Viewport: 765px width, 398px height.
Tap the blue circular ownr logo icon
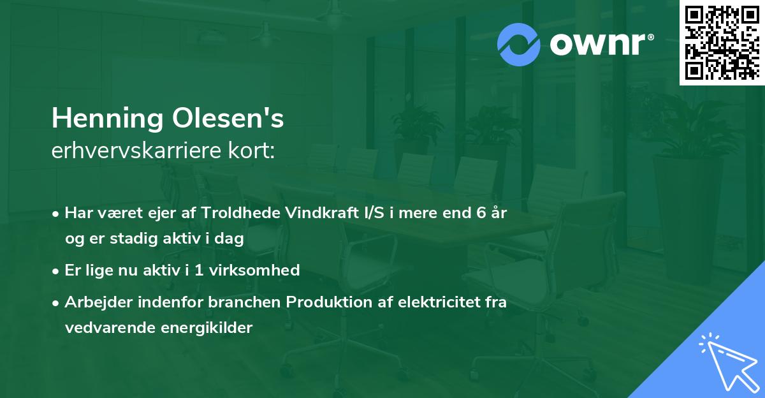(520, 44)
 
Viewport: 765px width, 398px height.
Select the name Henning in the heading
(106, 119)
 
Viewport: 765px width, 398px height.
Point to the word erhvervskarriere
(135, 151)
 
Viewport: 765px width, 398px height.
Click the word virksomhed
(259, 270)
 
